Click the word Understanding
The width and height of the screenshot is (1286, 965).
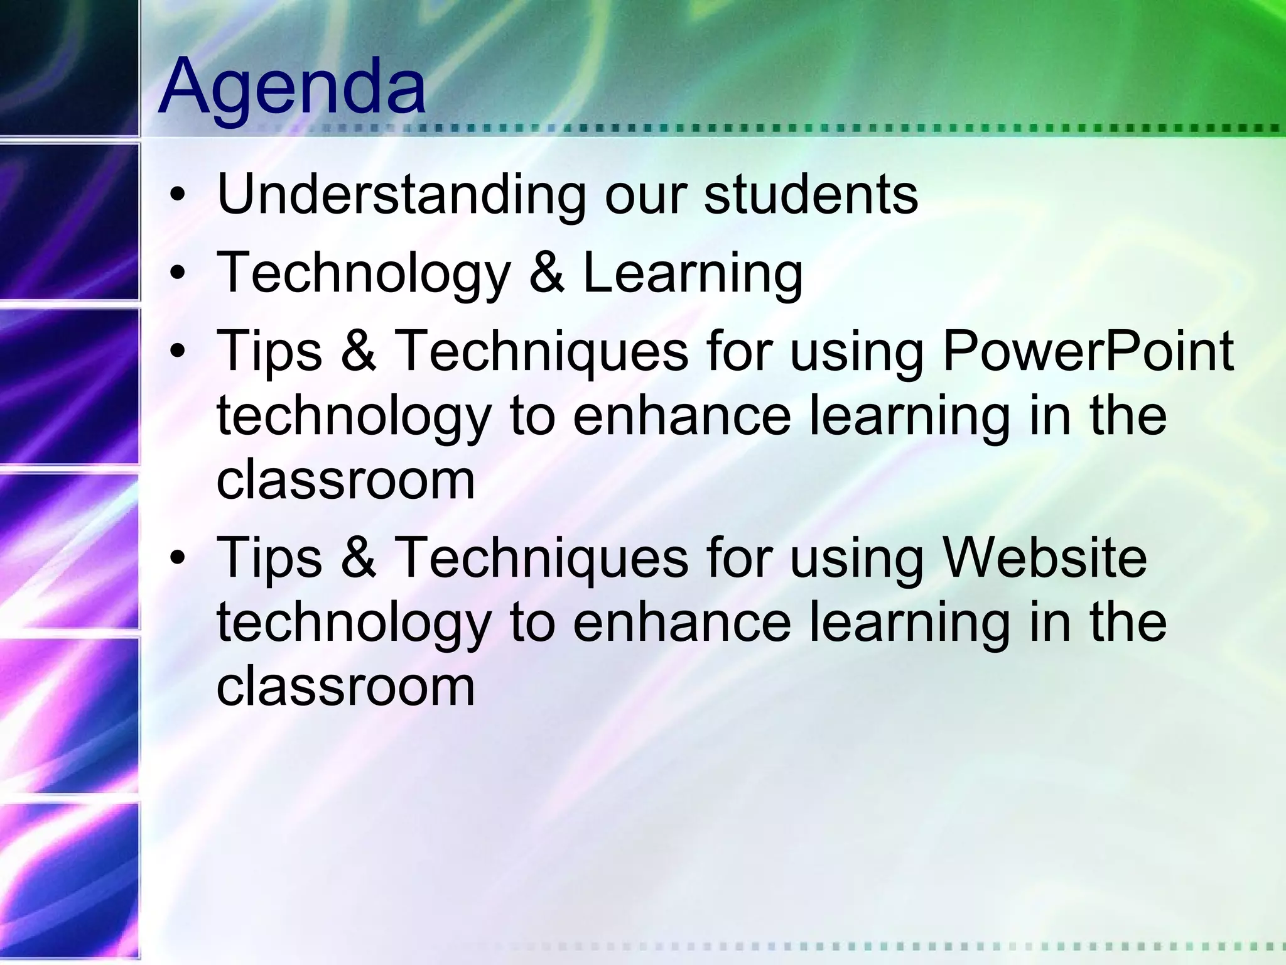(x=401, y=195)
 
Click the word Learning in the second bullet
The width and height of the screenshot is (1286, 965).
(x=693, y=274)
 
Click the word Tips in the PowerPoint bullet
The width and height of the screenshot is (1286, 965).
(x=269, y=352)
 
